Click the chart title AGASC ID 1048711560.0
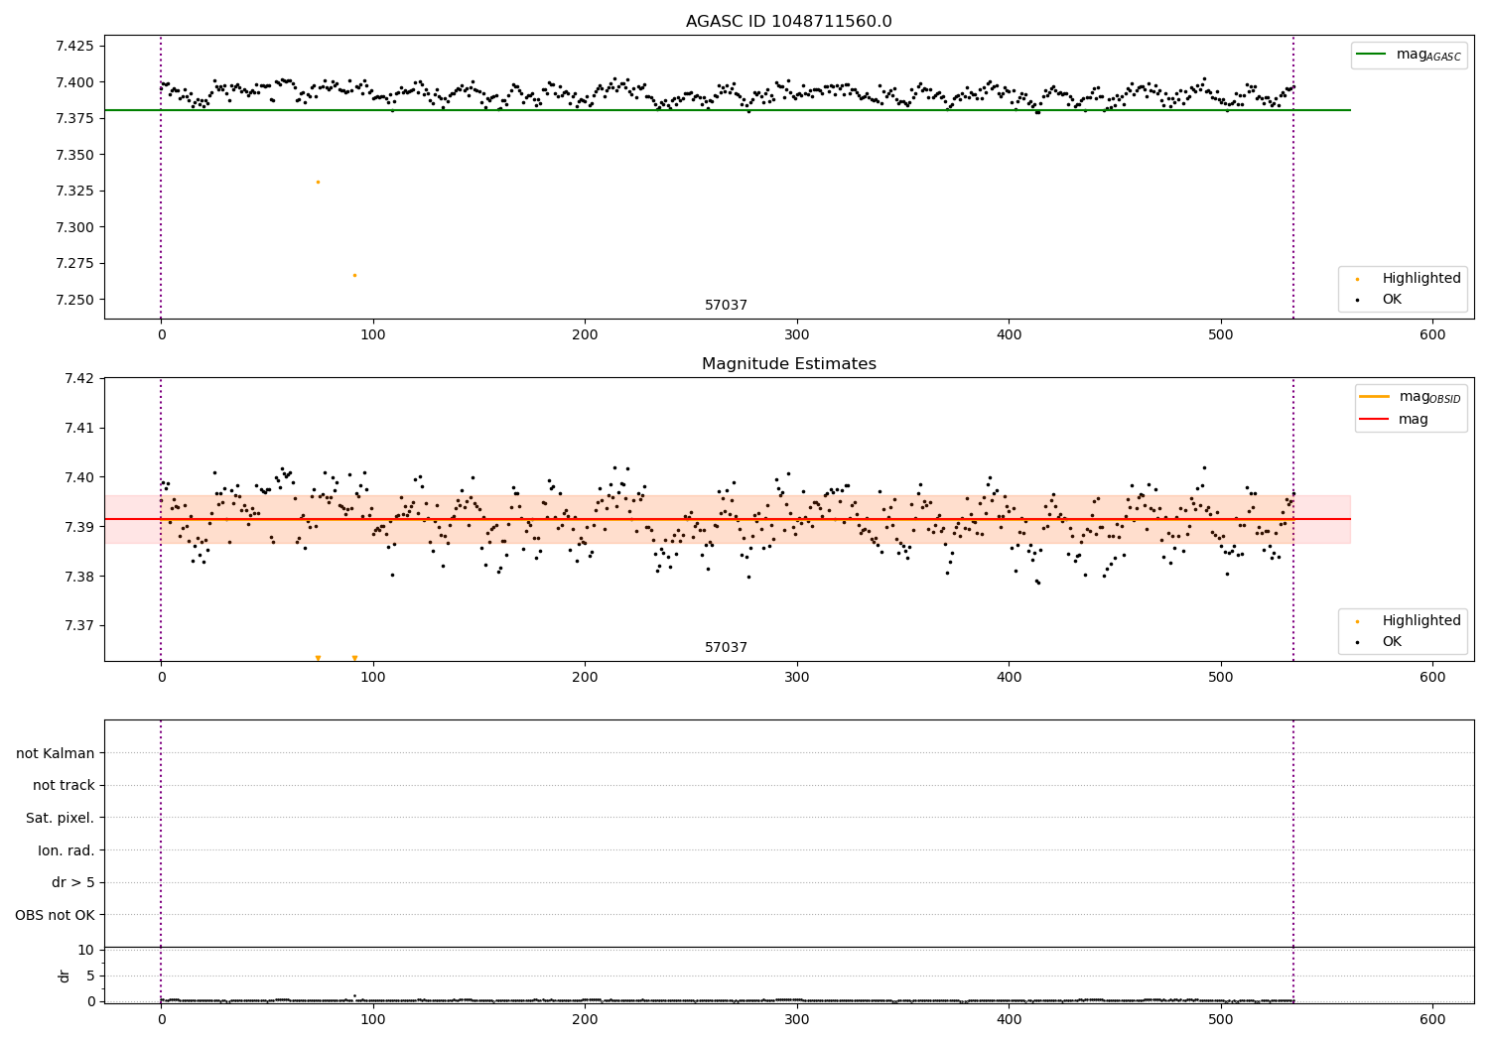coord(788,22)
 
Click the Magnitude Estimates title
coord(788,364)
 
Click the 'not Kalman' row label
coord(56,753)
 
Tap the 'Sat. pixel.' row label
coord(61,818)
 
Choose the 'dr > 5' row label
coord(73,882)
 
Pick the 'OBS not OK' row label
coord(56,915)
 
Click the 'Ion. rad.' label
coord(67,850)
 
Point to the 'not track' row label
coord(64,785)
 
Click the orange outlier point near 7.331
coord(318,182)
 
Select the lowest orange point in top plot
coord(354,275)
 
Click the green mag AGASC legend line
coord(1371,55)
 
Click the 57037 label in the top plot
coord(726,306)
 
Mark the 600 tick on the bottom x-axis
coord(1432,1019)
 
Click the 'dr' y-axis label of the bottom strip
coord(65,976)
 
